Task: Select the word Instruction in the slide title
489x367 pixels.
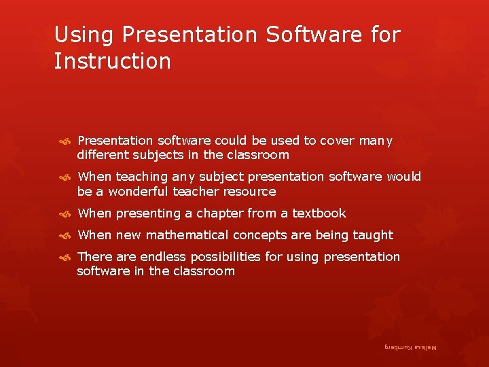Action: pyautogui.click(x=113, y=61)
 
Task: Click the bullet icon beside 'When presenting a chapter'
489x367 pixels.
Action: pyautogui.click(x=66, y=214)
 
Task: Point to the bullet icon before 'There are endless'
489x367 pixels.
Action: pyautogui.click(x=66, y=257)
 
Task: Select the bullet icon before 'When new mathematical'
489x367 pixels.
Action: pyautogui.click(x=66, y=236)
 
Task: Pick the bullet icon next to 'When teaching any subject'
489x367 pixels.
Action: pyautogui.click(x=66, y=177)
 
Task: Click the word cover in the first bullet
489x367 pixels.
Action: pyautogui.click(x=338, y=141)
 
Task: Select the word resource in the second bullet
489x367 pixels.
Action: pyautogui.click(x=252, y=192)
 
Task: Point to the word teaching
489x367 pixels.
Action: pyautogui.click(x=142, y=177)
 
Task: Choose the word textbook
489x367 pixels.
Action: pyautogui.click(x=319, y=213)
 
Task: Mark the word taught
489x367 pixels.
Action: pyautogui.click(x=373, y=235)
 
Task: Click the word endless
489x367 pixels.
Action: pyautogui.click(x=158, y=257)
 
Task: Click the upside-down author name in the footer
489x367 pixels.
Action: pyautogui.click(x=410, y=347)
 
